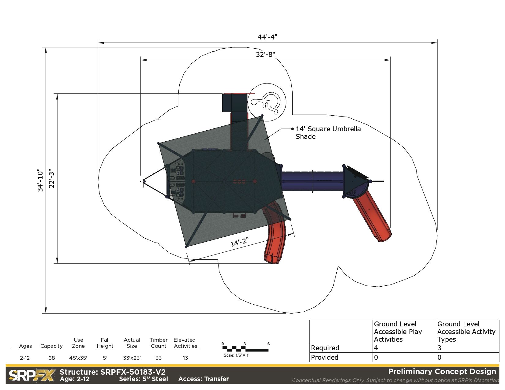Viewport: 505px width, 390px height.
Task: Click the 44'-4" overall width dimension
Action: pos(267,37)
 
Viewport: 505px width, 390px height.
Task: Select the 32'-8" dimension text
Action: pos(265,54)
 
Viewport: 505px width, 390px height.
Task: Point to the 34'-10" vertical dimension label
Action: pos(40,180)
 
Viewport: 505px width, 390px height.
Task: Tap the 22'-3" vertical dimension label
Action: pos(52,178)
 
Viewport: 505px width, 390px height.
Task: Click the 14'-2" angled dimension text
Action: pos(239,242)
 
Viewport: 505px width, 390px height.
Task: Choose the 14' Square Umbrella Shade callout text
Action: pos(328,133)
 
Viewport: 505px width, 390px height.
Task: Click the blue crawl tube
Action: pos(312,181)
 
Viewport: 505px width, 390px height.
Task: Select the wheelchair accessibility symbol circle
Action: pos(267,102)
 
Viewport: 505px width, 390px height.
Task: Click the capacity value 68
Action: pos(51,358)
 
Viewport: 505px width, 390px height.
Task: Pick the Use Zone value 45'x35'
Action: pos(78,358)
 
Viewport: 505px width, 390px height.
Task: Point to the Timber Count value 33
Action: pos(159,358)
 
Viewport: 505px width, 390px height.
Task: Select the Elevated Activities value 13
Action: pos(185,358)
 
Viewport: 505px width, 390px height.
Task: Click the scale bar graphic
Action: pos(246,348)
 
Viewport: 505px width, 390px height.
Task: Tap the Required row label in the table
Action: pos(325,348)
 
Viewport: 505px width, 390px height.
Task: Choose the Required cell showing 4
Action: pos(376,348)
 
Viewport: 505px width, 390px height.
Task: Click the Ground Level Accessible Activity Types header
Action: pos(466,332)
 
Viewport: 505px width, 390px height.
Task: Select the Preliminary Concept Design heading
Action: pos(442,372)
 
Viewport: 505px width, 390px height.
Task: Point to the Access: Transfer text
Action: pos(204,379)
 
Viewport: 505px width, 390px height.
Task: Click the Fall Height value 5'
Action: pos(105,358)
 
